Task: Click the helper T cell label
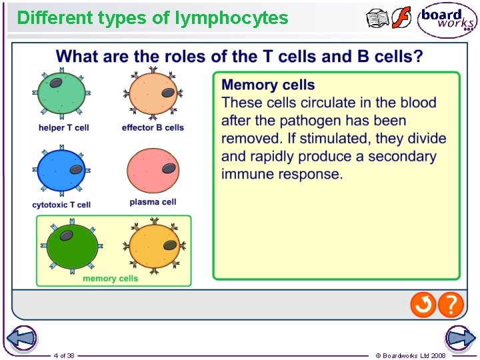tap(63, 127)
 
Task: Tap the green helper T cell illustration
tap(62, 94)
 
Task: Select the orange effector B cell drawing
tap(153, 93)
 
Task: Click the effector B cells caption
tap(153, 127)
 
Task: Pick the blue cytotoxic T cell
tap(61, 171)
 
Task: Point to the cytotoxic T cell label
tap(61, 205)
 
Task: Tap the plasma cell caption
tap(153, 202)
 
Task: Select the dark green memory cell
tap(71, 247)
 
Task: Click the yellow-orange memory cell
tap(153, 247)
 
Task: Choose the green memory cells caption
tap(111, 279)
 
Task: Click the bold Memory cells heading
tap(268, 85)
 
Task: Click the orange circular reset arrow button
tap(423, 305)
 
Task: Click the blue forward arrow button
tap(460, 338)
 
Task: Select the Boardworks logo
tap(447, 19)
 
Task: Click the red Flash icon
tap(401, 18)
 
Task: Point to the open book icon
tap(377, 19)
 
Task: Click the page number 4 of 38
tap(64, 355)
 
